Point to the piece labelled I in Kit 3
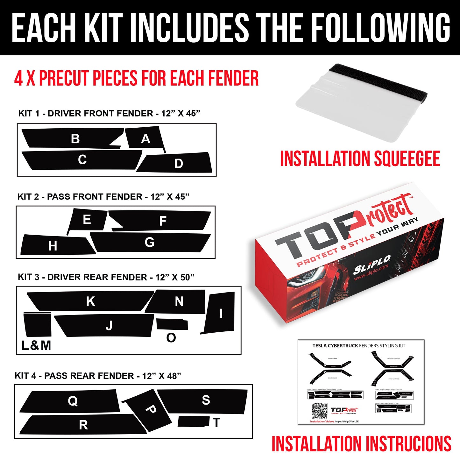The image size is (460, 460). point(221,313)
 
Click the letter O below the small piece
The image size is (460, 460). point(171,338)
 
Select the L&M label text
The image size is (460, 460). point(36,345)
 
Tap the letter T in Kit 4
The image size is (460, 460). point(217,423)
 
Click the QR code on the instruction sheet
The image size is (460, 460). point(319,411)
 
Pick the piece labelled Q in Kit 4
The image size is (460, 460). point(73,401)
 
